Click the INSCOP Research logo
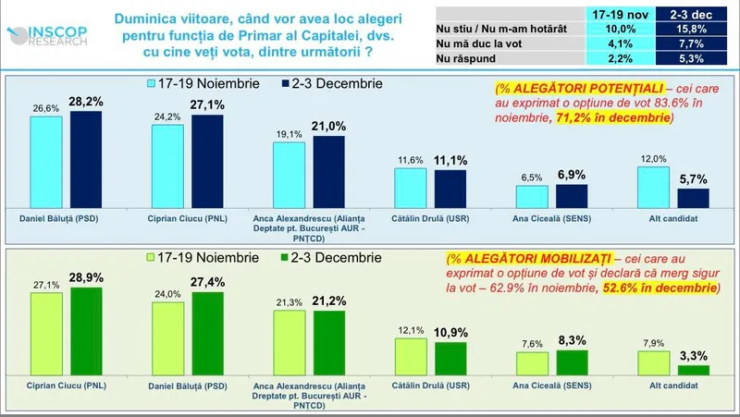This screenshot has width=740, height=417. (x=51, y=36)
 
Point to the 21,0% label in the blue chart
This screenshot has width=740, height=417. (x=329, y=127)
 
